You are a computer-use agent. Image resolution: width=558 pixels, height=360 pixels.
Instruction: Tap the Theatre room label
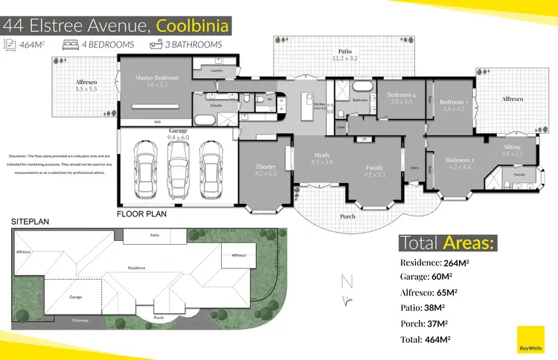(266, 170)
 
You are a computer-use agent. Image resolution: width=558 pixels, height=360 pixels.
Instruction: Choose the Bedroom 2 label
(460, 164)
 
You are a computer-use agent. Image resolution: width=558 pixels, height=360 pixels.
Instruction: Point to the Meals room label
(321, 158)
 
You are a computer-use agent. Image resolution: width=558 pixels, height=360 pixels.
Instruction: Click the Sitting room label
(512, 150)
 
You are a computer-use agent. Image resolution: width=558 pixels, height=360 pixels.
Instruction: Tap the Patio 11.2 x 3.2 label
(344, 54)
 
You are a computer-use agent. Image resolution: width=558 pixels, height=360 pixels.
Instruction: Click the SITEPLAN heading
(30, 222)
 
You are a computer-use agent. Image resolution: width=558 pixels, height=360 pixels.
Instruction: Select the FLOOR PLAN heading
(141, 213)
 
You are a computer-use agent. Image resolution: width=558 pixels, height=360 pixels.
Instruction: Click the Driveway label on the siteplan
(81, 320)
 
